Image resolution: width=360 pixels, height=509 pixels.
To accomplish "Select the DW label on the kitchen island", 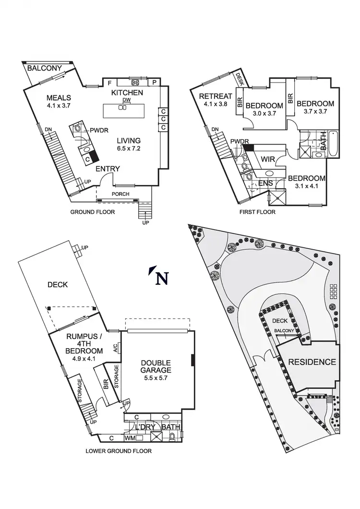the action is pyautogui.click(x=127, y=100).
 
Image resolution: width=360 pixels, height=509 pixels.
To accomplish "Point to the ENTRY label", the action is pyautogui.click(x=108, y=169).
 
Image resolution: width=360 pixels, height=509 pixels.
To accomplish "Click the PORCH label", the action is pyautogui.click(x=120, y=194).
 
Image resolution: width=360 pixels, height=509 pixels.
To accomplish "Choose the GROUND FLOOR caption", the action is pyautogui.click(x=93, y=212).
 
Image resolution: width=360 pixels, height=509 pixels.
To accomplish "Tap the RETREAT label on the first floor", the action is pyautogui.click(x=216, y=96).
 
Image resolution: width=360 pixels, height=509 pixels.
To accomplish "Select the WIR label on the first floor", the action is pyautogui.click(x=267, y=159).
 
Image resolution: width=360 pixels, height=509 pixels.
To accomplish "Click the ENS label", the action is pyautogui.click(x=266, y=183).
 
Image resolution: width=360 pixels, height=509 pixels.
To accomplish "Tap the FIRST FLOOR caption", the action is pyautogui.click(x=257, y=212).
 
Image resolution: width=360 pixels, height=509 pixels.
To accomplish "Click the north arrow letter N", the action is pyautogui.click(x=163, y=279).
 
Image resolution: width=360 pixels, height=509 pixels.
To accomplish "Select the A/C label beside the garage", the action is pyautogui.click(x=116, y=348).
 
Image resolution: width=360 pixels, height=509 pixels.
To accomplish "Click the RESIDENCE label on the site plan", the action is pyautogui.click(x=312, y=362).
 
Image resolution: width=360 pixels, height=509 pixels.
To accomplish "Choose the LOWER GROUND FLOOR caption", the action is pyautogui.click(x=119, y=451).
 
